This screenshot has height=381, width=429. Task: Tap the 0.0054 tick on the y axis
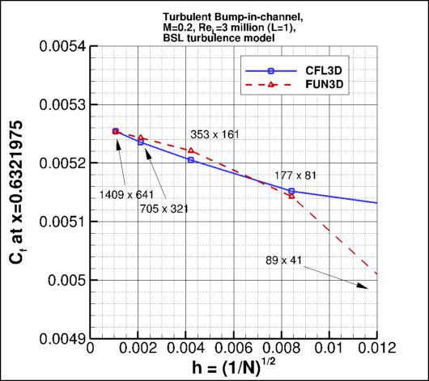click(62, 46)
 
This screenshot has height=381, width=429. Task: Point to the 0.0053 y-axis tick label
click(62, 104)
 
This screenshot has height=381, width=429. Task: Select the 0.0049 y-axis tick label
click(62, 337)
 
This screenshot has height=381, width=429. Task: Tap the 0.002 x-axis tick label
click(138, 350)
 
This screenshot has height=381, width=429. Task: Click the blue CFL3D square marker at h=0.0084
click(291, 192)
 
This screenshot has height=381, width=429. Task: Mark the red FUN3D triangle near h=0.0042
click(191, 150)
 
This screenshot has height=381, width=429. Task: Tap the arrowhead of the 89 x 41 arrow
click(361, 286)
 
